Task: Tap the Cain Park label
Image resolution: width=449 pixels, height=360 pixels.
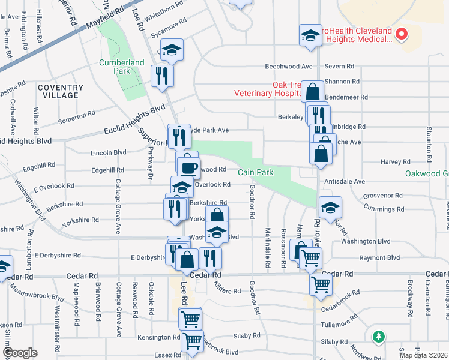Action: click(255, 173)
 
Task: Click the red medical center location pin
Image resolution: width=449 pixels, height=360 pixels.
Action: click(402, 35)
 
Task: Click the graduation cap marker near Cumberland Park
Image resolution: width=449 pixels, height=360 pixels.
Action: click(172, 50)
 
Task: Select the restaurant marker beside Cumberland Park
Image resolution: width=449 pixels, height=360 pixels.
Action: click(161, 76)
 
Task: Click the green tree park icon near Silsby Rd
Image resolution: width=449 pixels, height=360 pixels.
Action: click(379, 337)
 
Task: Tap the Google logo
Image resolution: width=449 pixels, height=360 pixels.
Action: click(20, 353)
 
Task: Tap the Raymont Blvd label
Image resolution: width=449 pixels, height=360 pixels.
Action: click(379, 257)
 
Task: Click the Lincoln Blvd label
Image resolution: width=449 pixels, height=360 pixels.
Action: click(108, 153)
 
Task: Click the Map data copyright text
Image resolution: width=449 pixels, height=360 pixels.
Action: click(423, 355)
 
